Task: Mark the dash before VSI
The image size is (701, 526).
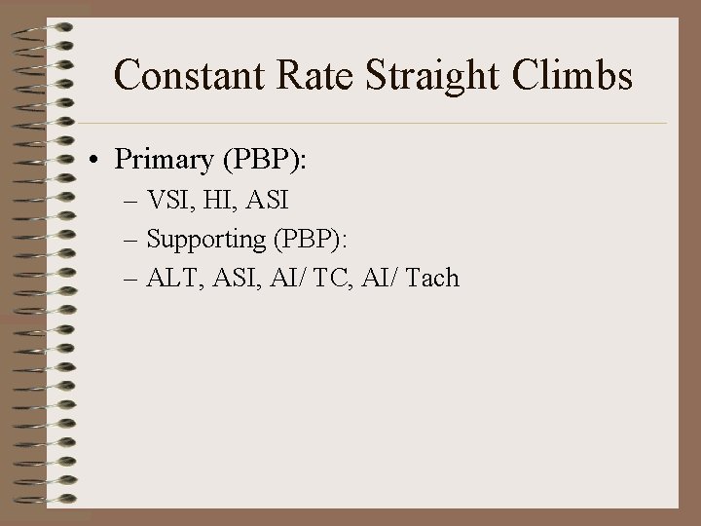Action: [x=133, y=203]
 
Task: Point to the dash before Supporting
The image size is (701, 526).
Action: [x=133, y=241]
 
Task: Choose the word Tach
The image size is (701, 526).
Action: [x=431, y=279]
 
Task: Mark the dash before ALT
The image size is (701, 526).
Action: [x=133, y=280]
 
